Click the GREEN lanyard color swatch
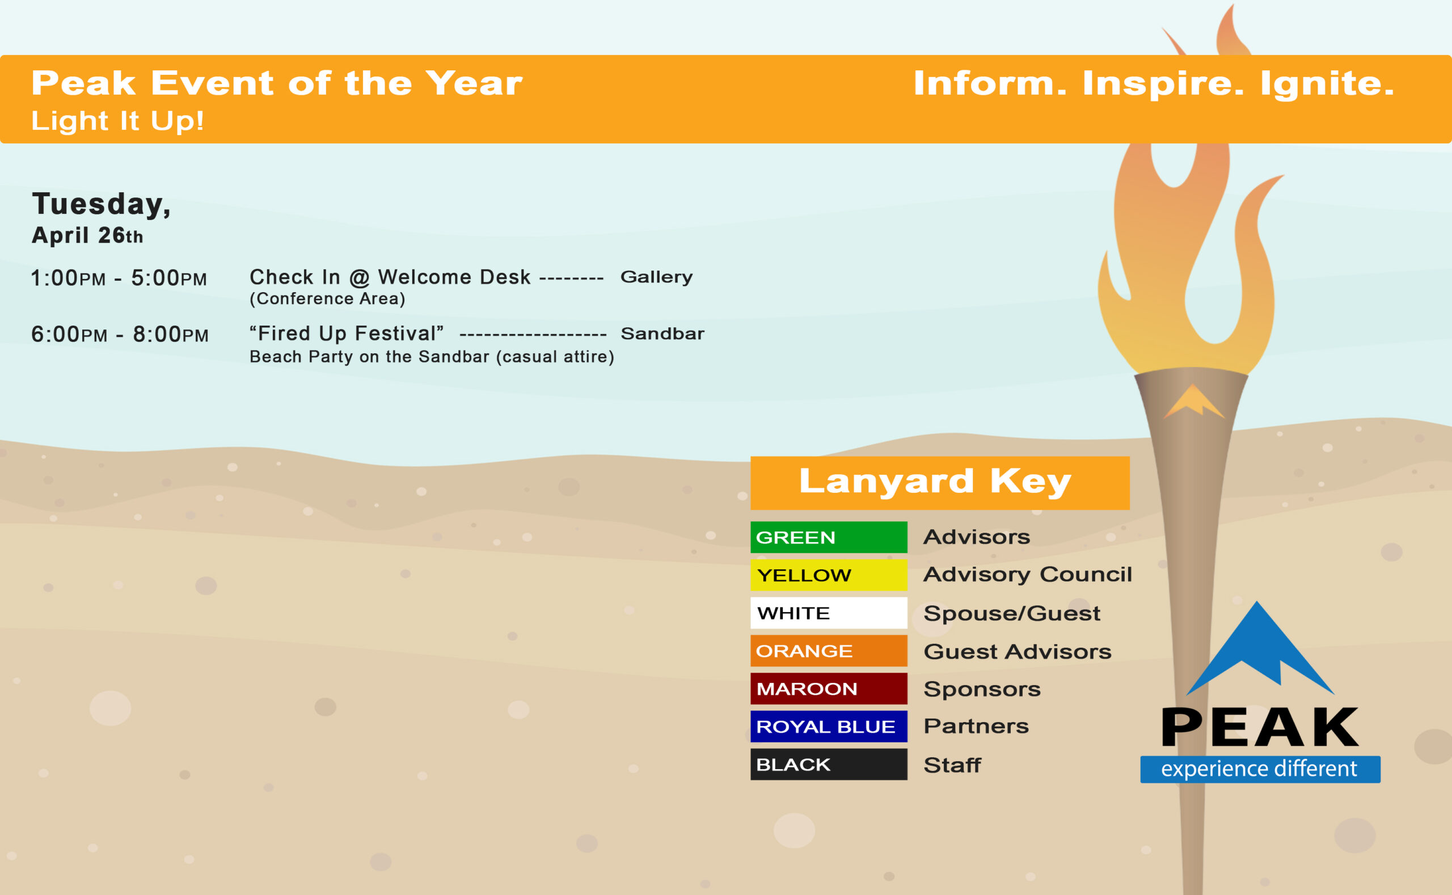[828, 537]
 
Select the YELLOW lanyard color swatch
[828, 575]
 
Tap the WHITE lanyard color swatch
[828, 613]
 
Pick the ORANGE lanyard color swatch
[828, 651]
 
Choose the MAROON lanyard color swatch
[828, 689]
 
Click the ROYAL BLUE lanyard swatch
[828, 727]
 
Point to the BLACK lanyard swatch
[828, 764]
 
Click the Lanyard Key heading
[935, 480]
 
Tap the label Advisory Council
[1028, 574]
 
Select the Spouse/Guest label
[1012, 613]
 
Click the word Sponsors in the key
[982, 689]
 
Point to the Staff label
[952, 765]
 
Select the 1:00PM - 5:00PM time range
[119, 277]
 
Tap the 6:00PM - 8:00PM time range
[120, 334]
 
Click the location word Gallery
[656, 277]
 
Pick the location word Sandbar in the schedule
[662, 334]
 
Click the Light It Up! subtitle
[118, 121]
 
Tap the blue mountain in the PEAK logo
[1260, 649]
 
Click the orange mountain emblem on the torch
[1193, 401]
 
